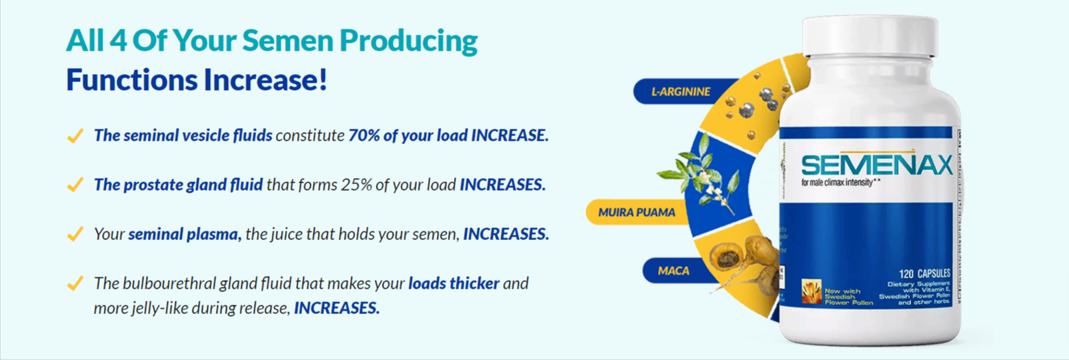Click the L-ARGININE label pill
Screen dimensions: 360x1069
click(x=680, y=92)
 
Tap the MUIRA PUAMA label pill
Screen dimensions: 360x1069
click(x=636, y=213)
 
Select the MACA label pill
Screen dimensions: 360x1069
click(x=674, y=271)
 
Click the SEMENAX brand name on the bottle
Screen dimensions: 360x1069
click(x=876, y=165)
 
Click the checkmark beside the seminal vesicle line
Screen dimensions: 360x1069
click(x=75, y=136)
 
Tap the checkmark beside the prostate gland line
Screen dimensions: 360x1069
click(x=75, y=185)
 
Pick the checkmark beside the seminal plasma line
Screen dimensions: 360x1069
click(x=75, y=234)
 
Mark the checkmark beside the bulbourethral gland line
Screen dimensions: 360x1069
click(x=75, y=283)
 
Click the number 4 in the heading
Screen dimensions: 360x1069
click(x=118, y=41)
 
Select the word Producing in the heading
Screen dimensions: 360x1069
click(x=408, y=41)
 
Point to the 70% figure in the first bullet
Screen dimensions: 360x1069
click(x=363, y=135)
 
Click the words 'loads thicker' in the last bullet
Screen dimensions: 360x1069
click(x=453, y=283)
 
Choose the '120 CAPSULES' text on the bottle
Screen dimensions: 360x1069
click(x=924, y=273)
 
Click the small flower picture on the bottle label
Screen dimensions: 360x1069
click(x=811, y=292)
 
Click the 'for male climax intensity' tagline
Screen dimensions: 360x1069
click(x=837, y=183)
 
